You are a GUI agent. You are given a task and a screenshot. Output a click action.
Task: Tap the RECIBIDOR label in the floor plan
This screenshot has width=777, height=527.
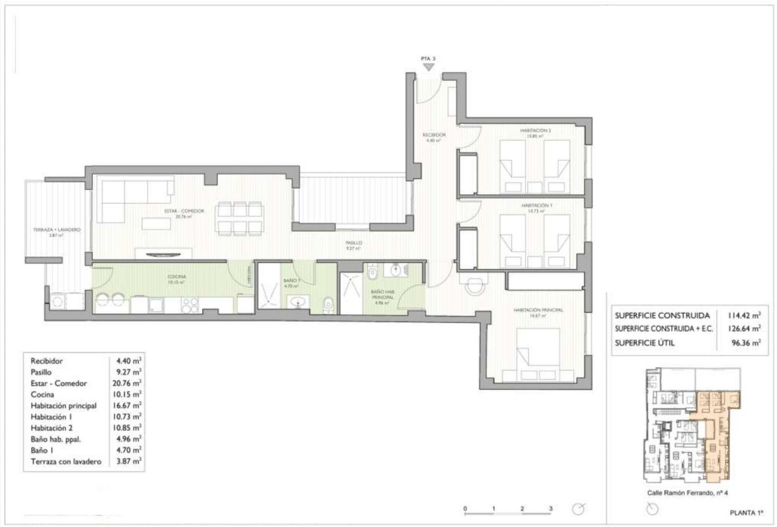pos(434,135)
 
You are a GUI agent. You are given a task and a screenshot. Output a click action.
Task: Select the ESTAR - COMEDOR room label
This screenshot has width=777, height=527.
pos(184,211)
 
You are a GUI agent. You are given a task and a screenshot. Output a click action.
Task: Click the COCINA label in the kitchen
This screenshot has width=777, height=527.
pos(176,277)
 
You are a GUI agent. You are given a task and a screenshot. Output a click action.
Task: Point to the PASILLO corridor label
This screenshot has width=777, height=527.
pos(354,243)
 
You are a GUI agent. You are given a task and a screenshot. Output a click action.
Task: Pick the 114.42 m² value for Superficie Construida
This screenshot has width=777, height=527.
pos(744,315)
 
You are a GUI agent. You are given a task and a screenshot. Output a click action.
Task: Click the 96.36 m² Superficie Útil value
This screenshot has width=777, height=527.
pos(746,343)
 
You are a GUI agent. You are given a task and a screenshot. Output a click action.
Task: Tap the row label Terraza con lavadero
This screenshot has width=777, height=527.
pos(66,461)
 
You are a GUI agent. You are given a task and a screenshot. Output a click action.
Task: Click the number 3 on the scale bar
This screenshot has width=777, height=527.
pos(551,509)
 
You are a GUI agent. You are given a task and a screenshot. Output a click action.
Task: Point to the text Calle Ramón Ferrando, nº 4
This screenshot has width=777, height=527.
pos(687,493)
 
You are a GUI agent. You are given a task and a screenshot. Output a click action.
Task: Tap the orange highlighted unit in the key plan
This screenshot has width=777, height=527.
pos(716,428)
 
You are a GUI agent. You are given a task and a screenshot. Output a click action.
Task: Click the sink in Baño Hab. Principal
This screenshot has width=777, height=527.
pos(396,269)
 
